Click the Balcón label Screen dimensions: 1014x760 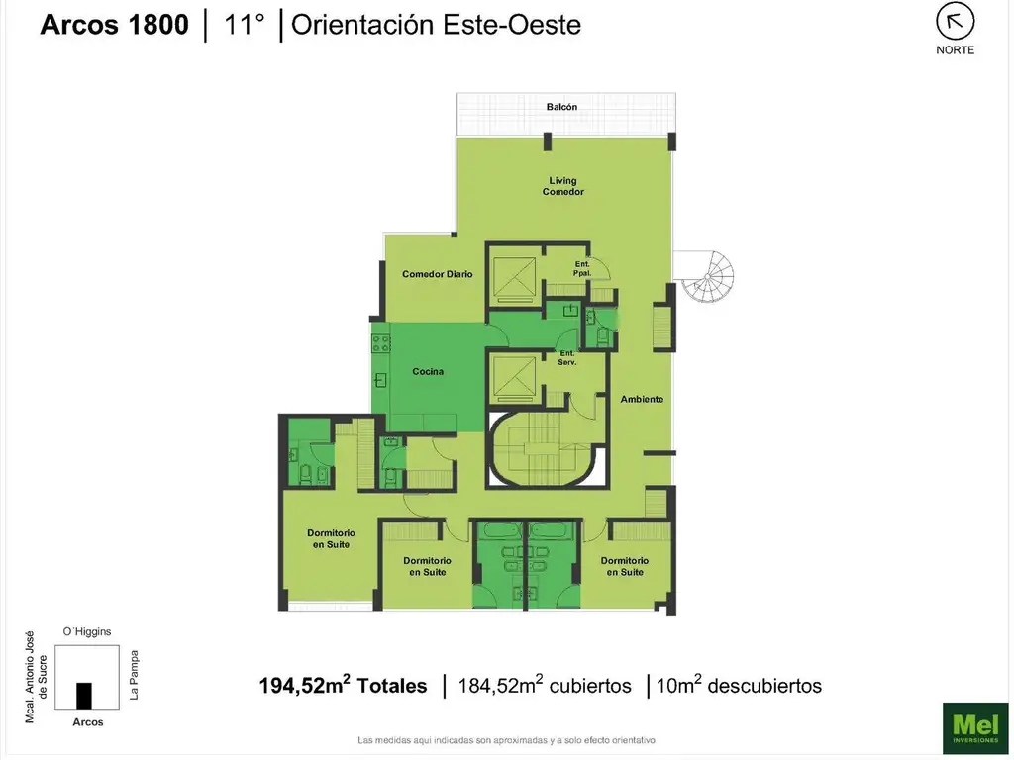[561, 107]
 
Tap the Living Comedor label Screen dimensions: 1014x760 [562, 186]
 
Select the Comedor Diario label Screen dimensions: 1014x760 [437, 274]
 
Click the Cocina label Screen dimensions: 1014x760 [428, 372]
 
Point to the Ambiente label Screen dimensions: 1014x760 [642, 400]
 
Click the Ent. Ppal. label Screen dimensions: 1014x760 [582, 269]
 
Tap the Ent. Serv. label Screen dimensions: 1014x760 [567, 358]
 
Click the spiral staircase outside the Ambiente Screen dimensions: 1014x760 [707, 277]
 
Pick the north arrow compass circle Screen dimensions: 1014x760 [955, 22]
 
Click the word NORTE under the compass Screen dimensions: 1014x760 [955, 50]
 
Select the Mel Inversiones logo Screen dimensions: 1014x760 [975, 727]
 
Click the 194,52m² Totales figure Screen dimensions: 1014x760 [343, 685]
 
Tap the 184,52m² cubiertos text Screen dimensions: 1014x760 [545, 685]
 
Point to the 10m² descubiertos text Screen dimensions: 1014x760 [739, 685]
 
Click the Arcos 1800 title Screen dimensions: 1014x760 [115, 25]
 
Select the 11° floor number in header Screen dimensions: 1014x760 [244, 25]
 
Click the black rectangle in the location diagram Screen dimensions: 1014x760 [84, 696]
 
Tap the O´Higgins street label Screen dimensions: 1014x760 [87, 631]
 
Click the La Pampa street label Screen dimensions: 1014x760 [134, 675]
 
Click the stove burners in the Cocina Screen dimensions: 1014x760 [381, 343]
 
